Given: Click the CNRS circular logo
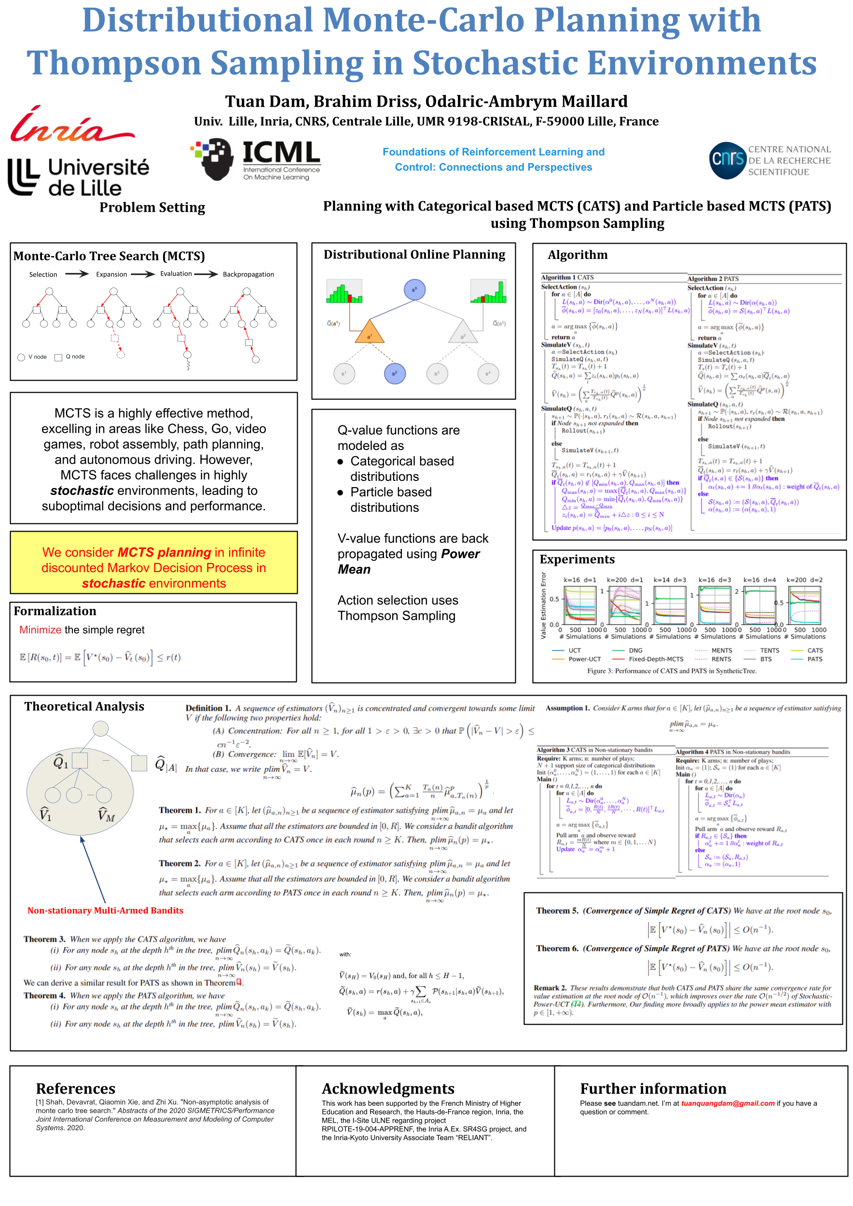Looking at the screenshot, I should coord(728,160).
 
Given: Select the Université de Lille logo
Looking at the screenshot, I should coord(79,178).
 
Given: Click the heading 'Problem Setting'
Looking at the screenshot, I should coord(152,207).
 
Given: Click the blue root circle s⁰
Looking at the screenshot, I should coord(414,290).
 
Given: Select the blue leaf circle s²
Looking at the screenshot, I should coord(395,373).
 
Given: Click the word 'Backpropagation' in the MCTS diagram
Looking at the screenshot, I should coord(248,274).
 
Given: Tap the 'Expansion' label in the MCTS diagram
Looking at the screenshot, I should coord(111,274).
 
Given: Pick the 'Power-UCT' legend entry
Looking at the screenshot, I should coord(584,659).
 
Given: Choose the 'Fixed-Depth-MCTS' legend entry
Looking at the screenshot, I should coord(656,659).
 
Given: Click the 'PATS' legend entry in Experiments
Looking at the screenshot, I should coord(815,659).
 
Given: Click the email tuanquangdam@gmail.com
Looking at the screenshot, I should coord(728,1104).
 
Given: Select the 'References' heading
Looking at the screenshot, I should coord(76,1088).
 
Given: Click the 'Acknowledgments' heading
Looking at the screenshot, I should coord(388,1088).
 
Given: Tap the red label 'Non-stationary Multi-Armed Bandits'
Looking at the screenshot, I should coord(105,910).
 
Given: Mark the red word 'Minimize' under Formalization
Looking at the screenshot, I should coord(41,630).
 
